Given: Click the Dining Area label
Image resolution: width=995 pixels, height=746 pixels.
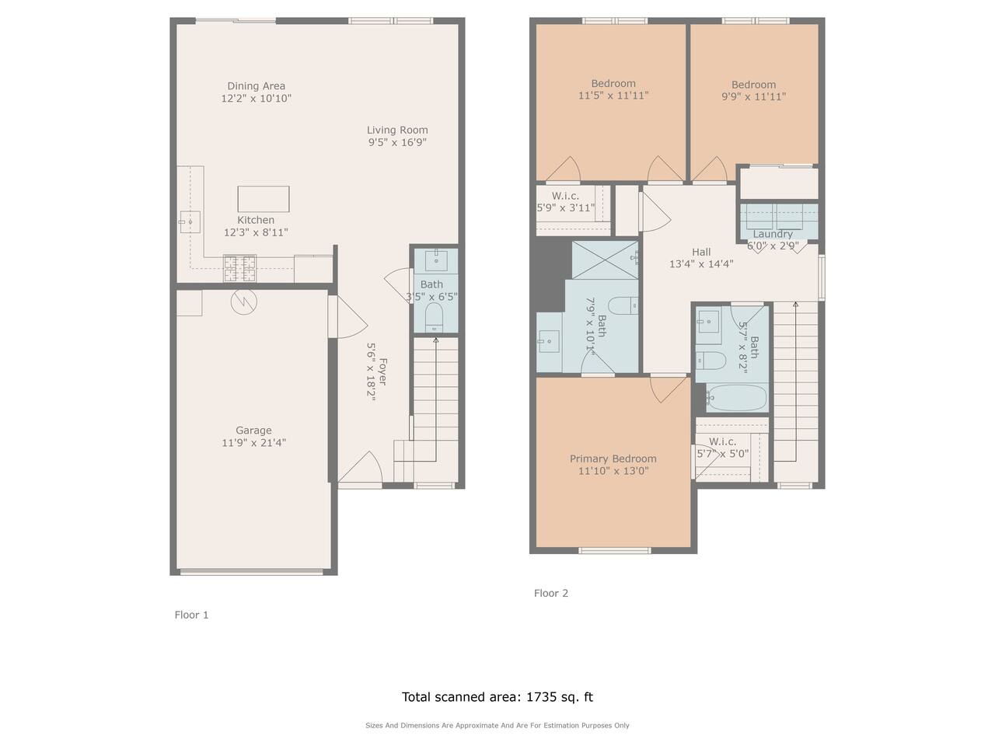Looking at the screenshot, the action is [256, 85].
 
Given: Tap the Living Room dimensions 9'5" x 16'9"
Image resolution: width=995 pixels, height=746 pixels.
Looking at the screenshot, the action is [397, 142].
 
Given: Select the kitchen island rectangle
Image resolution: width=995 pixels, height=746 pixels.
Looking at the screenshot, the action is [264, 199].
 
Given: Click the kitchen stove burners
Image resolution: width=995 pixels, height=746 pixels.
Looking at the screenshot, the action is [239, 267].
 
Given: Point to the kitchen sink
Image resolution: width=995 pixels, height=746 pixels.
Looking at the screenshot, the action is [190, 222].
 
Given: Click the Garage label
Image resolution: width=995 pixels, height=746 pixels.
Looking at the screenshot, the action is [253, 430].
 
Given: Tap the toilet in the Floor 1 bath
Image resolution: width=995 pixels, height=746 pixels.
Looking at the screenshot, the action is [435, 317].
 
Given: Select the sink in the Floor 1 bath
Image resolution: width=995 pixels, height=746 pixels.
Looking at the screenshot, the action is [436, 261].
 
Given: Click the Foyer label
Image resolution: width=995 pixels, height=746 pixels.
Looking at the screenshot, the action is [382, 371].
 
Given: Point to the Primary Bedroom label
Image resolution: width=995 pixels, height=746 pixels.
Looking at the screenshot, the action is [613, 458].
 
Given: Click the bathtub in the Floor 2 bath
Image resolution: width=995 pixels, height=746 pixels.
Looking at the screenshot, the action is [736, 397].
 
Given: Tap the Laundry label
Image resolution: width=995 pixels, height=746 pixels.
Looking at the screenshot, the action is [773, 234].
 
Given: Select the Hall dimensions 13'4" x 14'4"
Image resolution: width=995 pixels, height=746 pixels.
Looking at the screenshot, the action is [701, 263].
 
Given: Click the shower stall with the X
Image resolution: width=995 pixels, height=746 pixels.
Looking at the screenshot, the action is [605, 260].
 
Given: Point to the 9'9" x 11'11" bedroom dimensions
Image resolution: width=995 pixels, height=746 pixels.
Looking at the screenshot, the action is [753, 96].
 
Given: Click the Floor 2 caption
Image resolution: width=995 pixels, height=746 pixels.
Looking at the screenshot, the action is [551, 593].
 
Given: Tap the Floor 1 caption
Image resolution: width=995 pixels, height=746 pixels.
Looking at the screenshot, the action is [191, 615].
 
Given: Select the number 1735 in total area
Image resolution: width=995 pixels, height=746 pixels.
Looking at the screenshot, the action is [541, 696].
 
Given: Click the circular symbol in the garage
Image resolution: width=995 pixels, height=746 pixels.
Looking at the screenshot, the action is [244, 302].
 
